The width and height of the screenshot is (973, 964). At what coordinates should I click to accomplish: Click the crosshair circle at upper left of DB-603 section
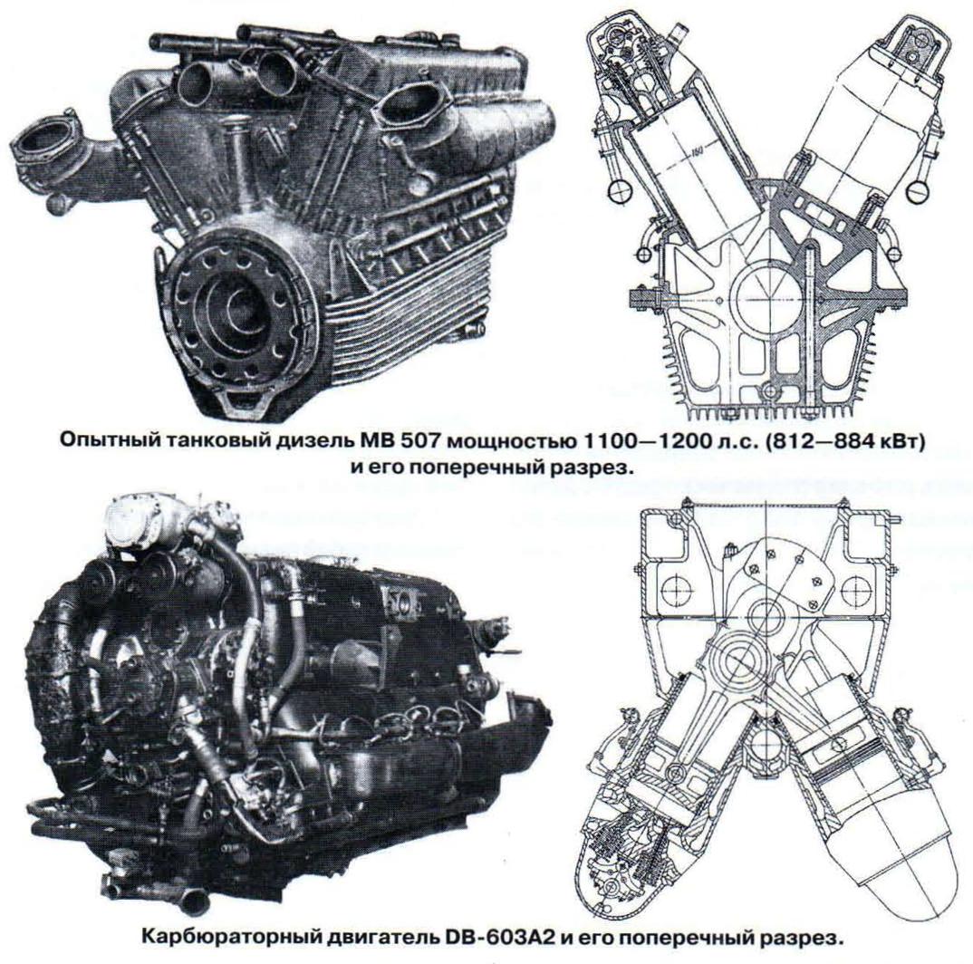pos(676,586)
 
